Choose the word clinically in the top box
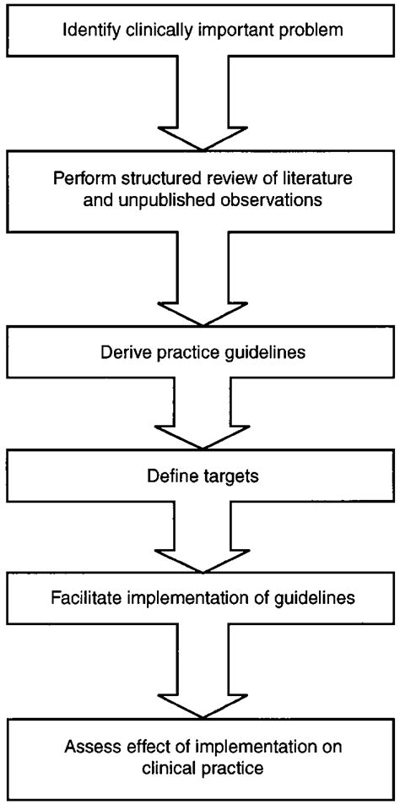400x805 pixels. click(x=148, y=33)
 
